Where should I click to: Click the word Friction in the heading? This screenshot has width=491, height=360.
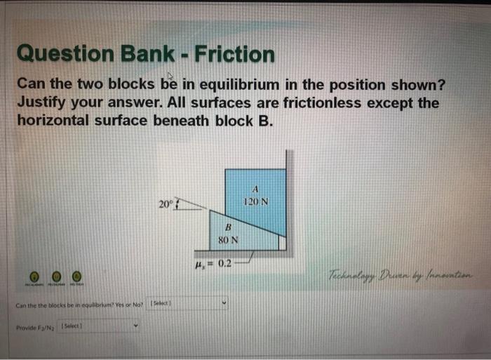pyautogui.click(x=235, y=54)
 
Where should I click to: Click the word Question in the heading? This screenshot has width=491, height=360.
pyautogui.click(x=58, y=54)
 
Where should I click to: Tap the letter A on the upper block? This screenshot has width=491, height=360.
pyautogui.click(x=255, y=189)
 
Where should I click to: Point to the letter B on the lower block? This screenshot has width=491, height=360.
pyautogui.click(x=228, y=227)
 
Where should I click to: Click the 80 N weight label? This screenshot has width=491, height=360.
pyautogui.click(x=228, y=240)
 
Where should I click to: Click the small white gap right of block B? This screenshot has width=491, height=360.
pyautogui.click(x=283, y=242)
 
